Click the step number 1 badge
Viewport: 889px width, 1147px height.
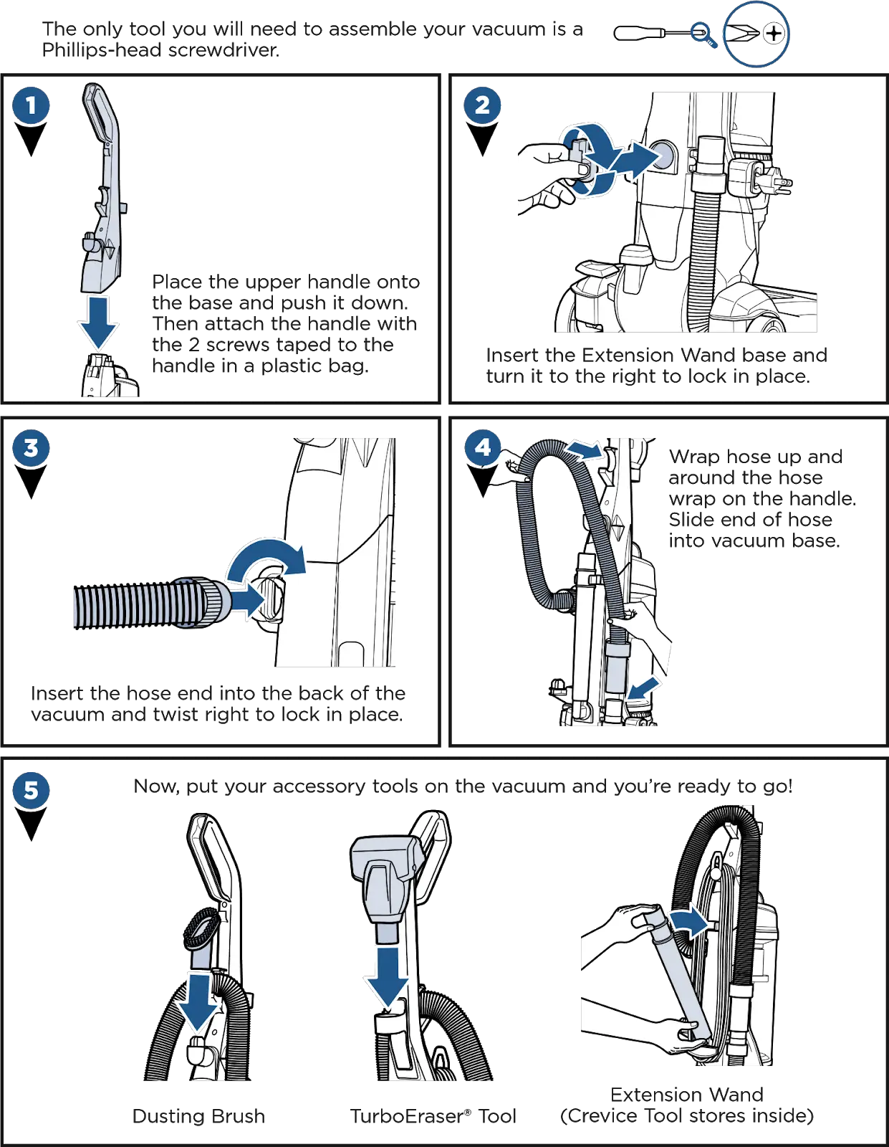pyautogui.click(x=31, y=106)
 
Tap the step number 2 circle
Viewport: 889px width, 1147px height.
pyautogui.click(x=482, y=105)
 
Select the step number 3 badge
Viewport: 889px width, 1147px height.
pyautogui.click(x=31, y=449)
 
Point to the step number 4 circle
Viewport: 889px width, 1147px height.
pyautogui.click(x=483, y=448)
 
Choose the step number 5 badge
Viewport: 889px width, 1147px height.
pyautogui.click(x=31, y=791)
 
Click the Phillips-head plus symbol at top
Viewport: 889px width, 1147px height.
pyautogui.click(x=774, y=33)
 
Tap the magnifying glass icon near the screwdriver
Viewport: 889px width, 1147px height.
pyautogui.click(x=703, y=34)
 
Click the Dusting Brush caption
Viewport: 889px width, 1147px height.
pyautogui.click(x=201, y=1116)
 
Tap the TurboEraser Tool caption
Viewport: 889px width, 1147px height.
pyautogui.click(x=433, y=1116)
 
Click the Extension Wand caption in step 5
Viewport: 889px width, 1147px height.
pyautogui.click(x=686, y=1095)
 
